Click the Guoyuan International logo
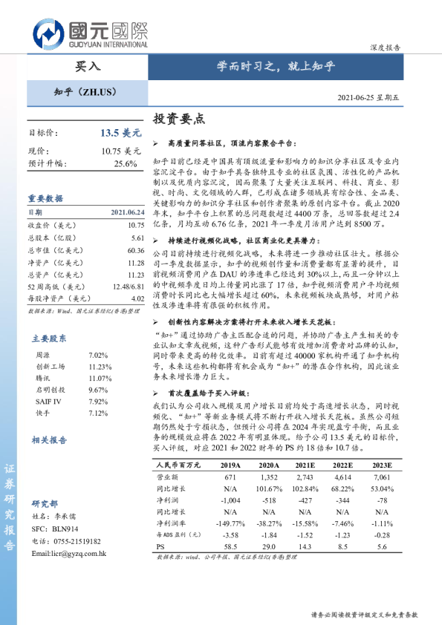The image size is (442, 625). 89,33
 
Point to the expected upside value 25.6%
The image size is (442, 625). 126,163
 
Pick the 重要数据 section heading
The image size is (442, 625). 45,199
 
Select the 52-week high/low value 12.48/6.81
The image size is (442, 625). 127,287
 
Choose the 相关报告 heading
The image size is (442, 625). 49,439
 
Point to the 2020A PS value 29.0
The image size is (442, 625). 269,546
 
